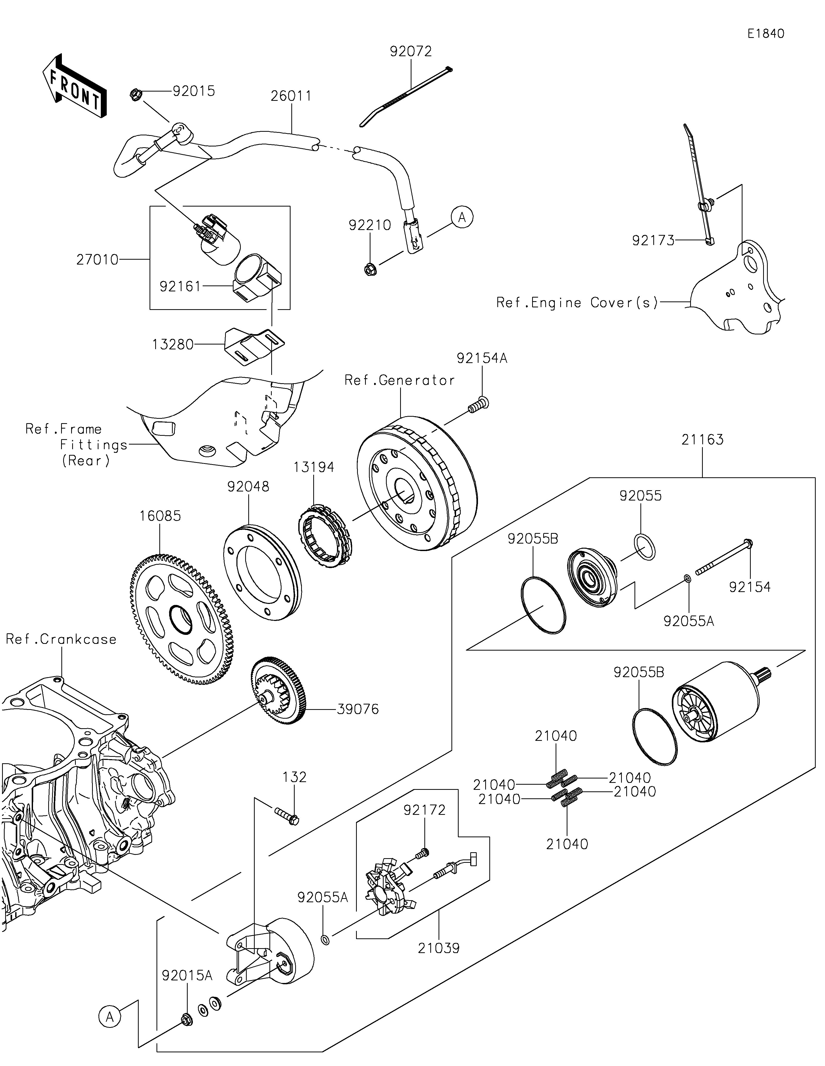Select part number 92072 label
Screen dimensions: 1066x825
(x=411, y=51)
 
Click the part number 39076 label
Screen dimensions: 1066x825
(x=358, y=709)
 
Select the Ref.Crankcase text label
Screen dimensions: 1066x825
(x=61, y=639)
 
